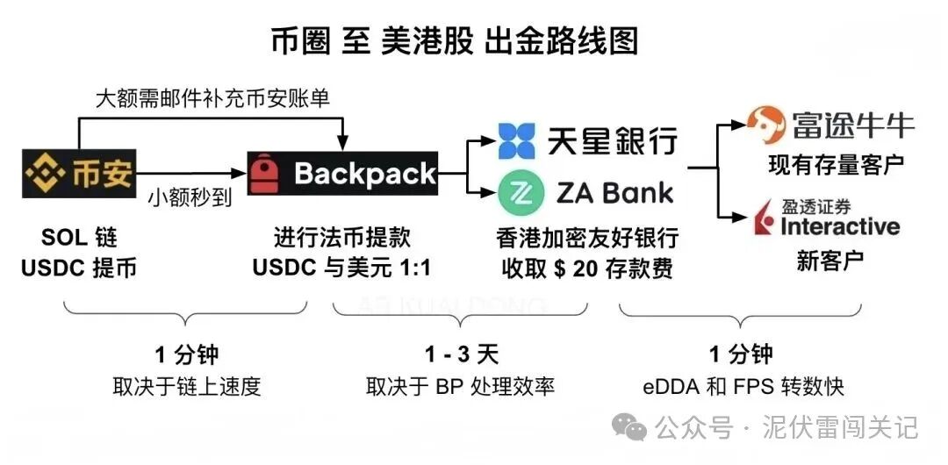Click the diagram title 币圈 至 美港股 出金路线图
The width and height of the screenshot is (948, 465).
point(453,41)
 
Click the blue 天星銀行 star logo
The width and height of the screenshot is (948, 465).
point(516,141)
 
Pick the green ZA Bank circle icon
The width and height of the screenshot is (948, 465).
point(516,194)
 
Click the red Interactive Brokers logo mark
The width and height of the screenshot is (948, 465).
point(761,219)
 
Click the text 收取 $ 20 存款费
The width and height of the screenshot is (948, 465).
point(587,268)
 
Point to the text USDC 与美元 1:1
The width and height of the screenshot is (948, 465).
point(342,268)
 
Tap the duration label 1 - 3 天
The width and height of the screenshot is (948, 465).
point(462,354)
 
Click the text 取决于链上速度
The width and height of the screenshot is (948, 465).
point(187,386)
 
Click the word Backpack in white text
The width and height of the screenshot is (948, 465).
point(365,174)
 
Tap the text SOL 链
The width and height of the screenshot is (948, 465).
point(79,238)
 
